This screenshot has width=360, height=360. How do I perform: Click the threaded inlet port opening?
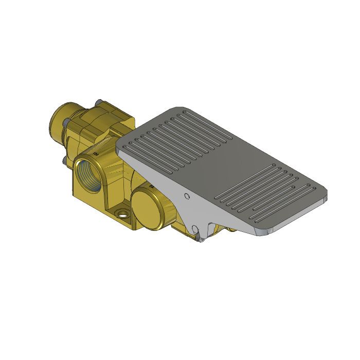[x=88, y=174]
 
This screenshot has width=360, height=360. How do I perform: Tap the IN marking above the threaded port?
[x=96, y=152]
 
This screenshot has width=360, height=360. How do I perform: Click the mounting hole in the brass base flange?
[x=122, y=213]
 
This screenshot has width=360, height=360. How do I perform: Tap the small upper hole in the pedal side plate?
[x=188, y=196]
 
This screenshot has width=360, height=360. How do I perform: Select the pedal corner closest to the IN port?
[x=120, y=147]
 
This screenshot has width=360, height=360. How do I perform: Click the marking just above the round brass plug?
[x=151, y=184]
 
